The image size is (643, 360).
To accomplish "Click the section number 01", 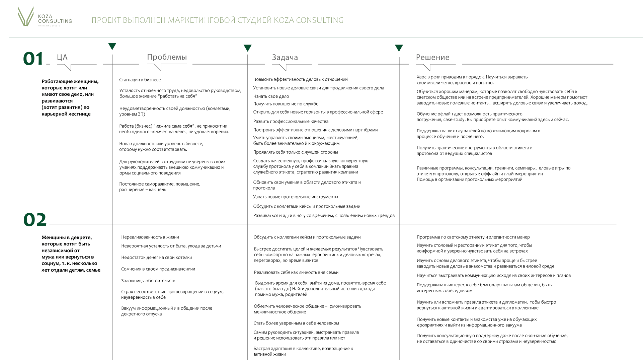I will [33, 59].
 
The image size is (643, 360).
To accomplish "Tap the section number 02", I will [35, 220].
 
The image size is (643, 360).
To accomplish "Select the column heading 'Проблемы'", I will [167, 57].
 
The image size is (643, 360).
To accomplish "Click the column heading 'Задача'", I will [285, 58].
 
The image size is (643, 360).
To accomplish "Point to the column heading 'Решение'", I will [432, 58].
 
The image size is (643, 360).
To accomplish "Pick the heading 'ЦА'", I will [62, 58].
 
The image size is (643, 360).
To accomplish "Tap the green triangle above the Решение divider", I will [399, 48].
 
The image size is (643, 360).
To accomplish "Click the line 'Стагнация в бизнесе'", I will [140, 80].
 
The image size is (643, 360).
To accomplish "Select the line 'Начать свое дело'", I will [271, 96].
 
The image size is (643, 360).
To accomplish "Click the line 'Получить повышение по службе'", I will [286, 104].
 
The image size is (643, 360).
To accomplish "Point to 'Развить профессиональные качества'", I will [291, 122].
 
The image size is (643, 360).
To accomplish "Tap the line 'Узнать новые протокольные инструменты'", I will [295, 197].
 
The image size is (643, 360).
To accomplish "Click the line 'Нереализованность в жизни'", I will [150, 237].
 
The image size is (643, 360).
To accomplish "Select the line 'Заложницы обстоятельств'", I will [148, 281].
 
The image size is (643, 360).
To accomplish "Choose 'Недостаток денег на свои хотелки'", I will [156, 258].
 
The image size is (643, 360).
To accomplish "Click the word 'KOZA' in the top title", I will [283, 20].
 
